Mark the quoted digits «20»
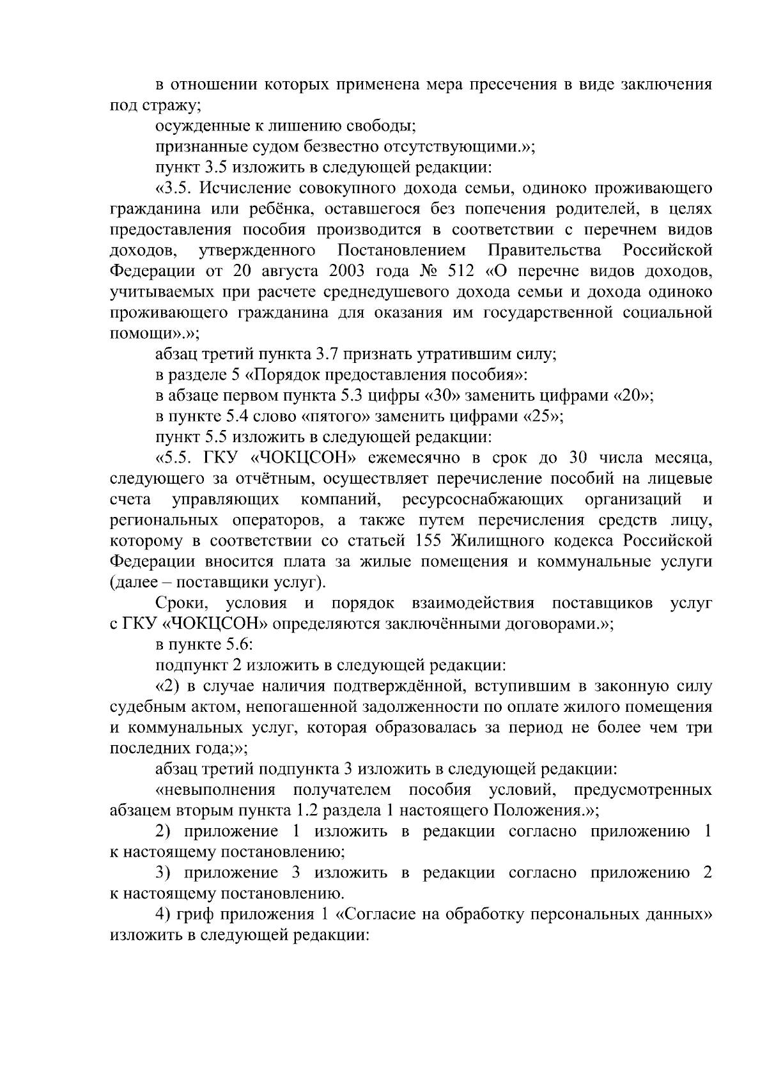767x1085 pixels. point(632,396)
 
